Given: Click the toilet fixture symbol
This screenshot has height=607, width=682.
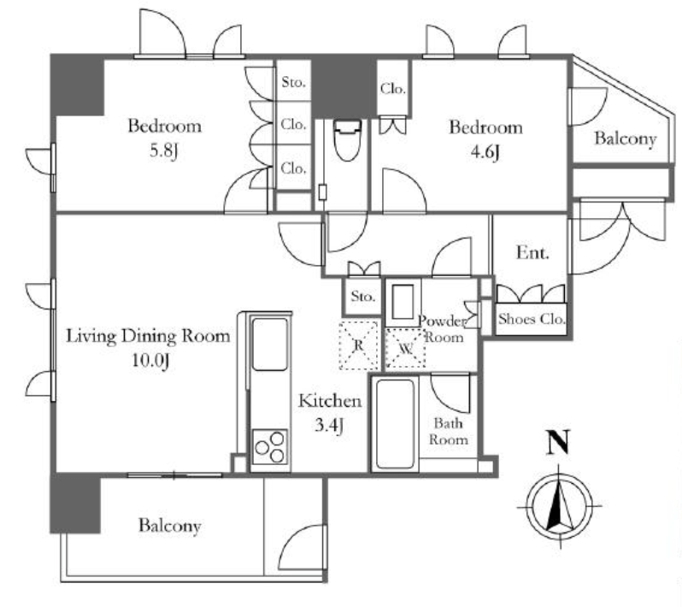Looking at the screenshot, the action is tap(347, 139).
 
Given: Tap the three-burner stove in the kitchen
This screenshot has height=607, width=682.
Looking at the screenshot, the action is tap(270, 446).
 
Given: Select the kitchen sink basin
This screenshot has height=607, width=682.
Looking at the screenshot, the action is tap(270, 345).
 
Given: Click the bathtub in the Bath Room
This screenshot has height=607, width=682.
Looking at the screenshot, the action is tap(395, 423).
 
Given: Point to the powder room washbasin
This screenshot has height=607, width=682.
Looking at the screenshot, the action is tap(403, 302).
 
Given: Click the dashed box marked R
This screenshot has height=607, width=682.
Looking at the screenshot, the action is tap(358, 345).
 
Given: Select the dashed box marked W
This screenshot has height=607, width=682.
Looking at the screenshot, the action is tap(405, 349).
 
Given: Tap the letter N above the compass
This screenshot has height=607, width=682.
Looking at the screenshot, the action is tap(557, 442).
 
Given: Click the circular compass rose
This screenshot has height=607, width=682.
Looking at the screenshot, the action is tap(559, 506).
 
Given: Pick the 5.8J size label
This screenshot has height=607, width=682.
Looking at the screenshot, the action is tap(164, 151).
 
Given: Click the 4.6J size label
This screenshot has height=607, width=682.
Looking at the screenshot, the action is tap(485, 152).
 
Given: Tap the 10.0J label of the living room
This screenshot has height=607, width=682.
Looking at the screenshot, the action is tap(150, 361).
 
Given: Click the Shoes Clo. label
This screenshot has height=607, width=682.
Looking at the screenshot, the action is tap(532, 319).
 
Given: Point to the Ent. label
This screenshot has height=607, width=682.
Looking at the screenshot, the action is tap(532, 252).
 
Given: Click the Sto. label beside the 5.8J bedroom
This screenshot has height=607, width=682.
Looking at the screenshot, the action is tap(294, 82).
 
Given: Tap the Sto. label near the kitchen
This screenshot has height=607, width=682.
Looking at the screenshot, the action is tap(362, 297).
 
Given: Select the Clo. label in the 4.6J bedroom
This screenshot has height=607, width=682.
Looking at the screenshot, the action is tap(393, 89).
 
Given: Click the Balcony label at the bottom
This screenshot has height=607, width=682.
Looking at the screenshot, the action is tap(169, 526).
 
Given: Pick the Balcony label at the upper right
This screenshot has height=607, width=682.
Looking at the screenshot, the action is tap(625, 138).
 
